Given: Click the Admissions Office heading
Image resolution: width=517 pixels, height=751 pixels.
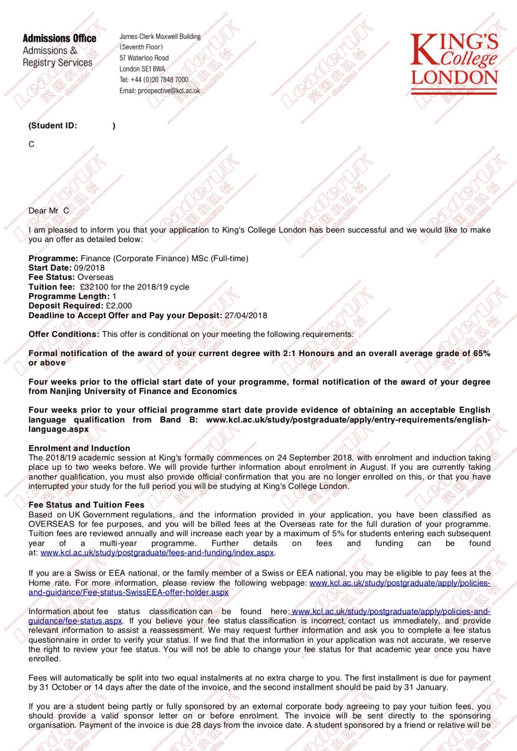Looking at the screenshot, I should [59, 38].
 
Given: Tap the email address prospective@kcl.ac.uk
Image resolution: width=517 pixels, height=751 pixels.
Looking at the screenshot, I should [169, 91].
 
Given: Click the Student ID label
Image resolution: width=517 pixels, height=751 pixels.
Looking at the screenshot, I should [53, 126].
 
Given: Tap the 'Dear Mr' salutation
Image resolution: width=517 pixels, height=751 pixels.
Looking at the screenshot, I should [44, 211].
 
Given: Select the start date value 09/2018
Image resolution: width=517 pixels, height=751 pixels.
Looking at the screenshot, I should [89, 268].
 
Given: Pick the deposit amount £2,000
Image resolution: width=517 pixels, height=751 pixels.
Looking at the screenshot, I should [119, 306].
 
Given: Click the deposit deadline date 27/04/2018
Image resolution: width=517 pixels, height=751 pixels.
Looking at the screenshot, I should [246, 315].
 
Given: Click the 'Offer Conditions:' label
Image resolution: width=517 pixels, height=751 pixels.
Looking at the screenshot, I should [64, 334].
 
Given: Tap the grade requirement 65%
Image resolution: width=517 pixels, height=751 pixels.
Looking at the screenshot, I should [482, 353].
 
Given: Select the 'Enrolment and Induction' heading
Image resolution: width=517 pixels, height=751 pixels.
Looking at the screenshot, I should [79, 448].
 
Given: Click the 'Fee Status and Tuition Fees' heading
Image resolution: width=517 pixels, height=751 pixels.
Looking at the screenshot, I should [86, 505].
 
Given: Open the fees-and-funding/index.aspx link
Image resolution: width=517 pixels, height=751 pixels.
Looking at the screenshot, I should [157, 553].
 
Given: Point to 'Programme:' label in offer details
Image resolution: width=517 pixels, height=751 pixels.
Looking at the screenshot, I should [53, 258].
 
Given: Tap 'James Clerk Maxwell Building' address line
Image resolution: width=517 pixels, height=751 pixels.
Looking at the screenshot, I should [160, 36].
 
